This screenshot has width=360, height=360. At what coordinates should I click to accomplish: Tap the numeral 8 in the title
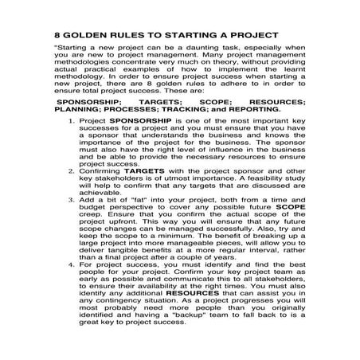[x=58, y=36]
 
